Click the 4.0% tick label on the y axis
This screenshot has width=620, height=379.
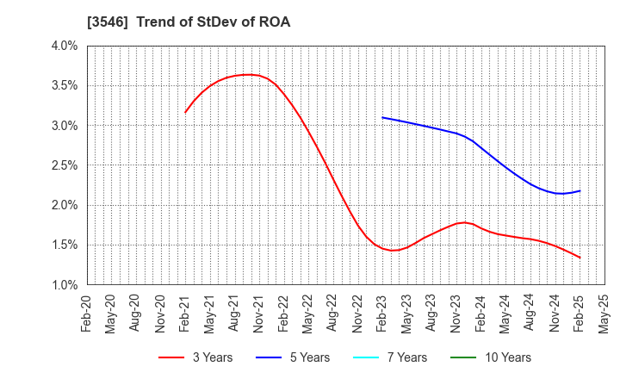[x=64, y=46]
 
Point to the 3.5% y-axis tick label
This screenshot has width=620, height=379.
[x=64, y=85]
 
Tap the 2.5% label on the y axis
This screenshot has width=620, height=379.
[x=64, y=165]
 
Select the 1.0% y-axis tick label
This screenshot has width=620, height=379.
[x=64, y=285]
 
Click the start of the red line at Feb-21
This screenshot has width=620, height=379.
[x=185, y=112]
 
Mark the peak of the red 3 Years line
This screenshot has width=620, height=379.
[x=248, y=74]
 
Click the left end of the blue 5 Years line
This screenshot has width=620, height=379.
[x=381, y=117]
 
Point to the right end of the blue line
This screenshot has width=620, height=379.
[x=580, y=190]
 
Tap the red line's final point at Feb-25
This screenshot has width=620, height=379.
[x=580, y=258]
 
